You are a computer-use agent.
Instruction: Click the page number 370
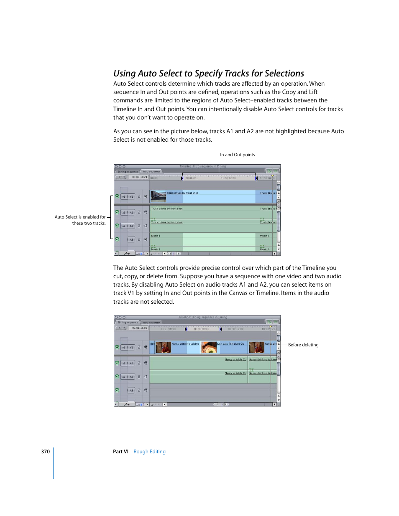[x=45, y=452]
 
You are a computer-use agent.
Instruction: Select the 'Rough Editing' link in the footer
[x=149, y=452]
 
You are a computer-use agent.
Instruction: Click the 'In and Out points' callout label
[x=237, y=155]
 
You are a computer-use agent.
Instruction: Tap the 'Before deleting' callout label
[x=303, y=345]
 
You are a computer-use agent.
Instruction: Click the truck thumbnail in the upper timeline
[x=158, y=196]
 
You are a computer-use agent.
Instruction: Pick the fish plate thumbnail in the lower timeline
[x=208, y=347]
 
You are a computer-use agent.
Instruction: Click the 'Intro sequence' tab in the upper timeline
[x=151, y=171]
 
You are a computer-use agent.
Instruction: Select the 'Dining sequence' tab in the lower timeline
[x=128, y=322]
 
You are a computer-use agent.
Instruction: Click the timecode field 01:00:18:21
[x=140, y=177]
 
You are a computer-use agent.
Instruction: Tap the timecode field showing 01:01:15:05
[x=140, y=328]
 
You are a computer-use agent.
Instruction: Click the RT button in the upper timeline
[x=121, y=177]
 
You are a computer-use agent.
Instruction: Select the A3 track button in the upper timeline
[x=131, y=239]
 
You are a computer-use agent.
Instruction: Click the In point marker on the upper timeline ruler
[x=182, y=178]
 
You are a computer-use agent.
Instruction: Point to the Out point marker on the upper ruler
[x=256, y=178]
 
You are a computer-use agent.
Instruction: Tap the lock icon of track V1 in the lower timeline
[x=139, y=347]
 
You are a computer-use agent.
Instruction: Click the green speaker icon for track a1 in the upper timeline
[x=117, y=212]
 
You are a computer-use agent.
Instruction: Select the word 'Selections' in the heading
[x=284, y=74]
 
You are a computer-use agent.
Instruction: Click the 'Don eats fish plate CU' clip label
[x=230, y=344]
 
